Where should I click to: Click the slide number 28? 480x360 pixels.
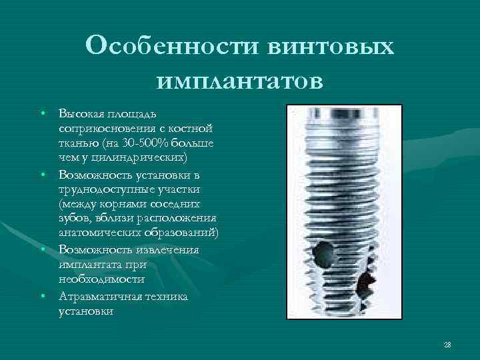pos(447,344)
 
